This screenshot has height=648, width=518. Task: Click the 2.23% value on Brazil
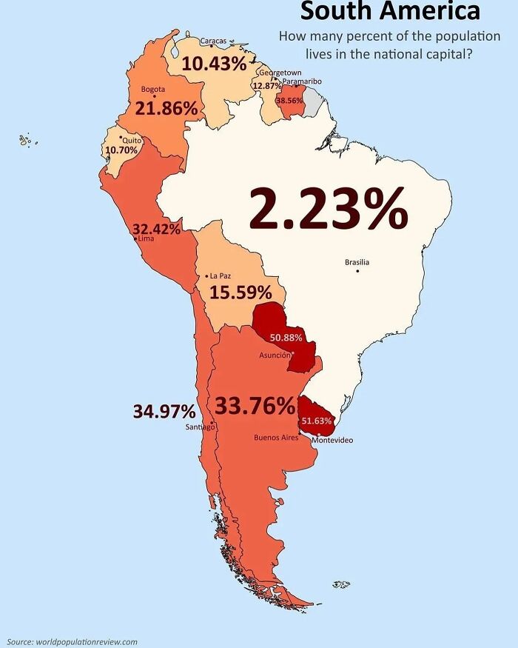coord(328,209)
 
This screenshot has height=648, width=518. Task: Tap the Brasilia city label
coord(357,262)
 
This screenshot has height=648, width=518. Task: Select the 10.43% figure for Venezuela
coord(214,64)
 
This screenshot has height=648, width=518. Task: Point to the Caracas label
coord(213,41)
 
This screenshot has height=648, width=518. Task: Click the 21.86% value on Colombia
coord(166,108)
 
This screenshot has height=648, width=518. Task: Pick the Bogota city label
coord(152,90)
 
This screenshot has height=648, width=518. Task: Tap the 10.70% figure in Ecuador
coord(122,150)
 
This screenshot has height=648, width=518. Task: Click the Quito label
coord(131,139)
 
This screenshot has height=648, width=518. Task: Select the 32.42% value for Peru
coord(156,229)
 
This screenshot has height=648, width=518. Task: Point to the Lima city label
coord(145,238)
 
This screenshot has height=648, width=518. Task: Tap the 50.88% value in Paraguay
coord(286,338)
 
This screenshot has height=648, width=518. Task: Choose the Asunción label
coord(275,355)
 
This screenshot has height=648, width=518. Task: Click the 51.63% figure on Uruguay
coord(317,421)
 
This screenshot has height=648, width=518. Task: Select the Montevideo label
coord(332,441)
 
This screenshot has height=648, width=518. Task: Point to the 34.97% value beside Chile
coord(164,411)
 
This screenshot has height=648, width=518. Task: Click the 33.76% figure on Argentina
coord(255,406)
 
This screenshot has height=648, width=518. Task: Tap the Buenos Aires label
coord(276,438)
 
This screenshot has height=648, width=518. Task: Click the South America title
coord(390,12)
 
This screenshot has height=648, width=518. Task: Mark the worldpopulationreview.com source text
coord(73,641)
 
